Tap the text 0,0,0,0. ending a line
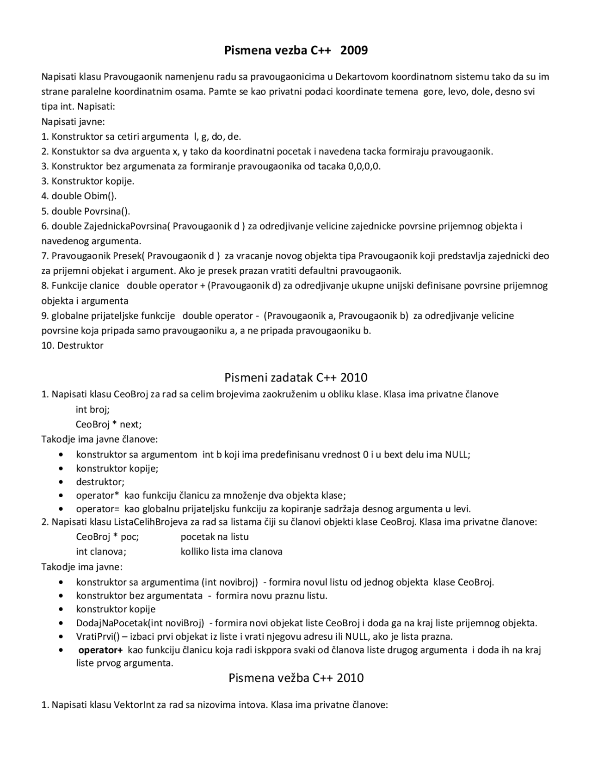364,167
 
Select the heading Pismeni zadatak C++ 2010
296,378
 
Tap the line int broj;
92,409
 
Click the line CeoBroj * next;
109,424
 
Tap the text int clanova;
101,552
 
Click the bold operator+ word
100,650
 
